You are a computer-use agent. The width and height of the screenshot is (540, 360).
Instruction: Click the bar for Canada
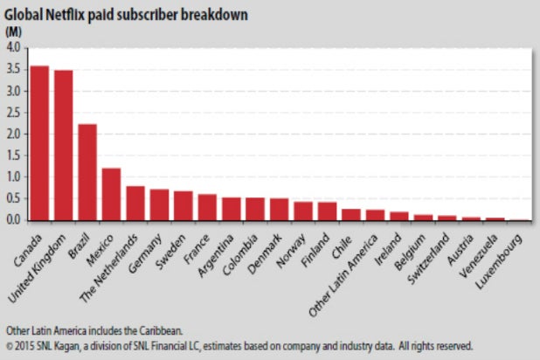coord(39,143)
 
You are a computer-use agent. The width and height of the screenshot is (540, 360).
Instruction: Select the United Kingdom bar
coord(64,146)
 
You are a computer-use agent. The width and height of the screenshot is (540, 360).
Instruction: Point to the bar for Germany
coord(159,204)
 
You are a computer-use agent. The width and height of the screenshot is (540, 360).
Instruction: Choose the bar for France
coord(207,207)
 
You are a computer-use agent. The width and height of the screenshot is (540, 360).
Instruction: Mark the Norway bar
coord(303,211)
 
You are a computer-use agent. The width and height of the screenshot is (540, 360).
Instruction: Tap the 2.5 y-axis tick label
coord(13,113)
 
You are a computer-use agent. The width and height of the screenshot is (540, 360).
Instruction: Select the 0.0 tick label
coord(13,219)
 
